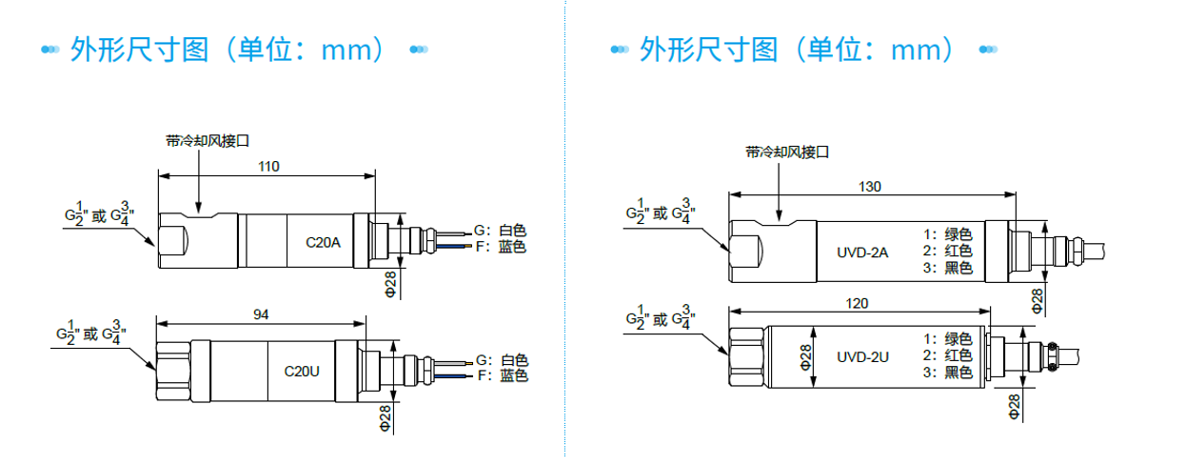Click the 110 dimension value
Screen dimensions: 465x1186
[268, 167]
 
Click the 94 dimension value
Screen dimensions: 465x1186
[261, 313]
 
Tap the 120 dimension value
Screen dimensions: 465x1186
[858, 303]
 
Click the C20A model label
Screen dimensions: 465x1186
[323, 242]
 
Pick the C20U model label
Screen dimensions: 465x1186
[303, 369]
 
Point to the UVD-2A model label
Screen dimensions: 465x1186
[863, 252]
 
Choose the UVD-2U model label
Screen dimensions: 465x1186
[862, 357]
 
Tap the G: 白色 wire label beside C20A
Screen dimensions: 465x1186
[501, 231]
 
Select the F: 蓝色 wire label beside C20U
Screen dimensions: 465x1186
[502, 376]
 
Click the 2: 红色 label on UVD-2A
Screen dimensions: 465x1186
[948, 252]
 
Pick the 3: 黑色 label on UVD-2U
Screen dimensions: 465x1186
[948, 373]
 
